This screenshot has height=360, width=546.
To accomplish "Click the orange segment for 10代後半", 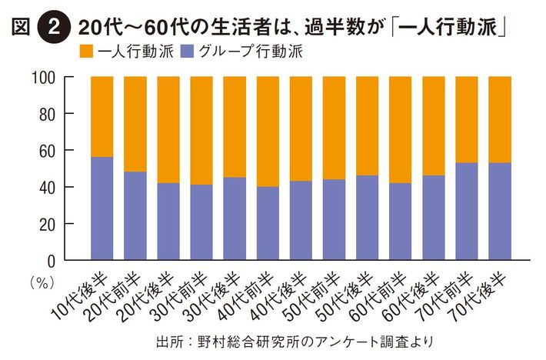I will pyautogui.click(x=102, y=116).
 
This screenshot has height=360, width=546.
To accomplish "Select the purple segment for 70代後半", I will pyautogui.click(x=500, y=212).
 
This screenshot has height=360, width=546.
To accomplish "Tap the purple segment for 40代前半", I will pyautogui.click(x=268, y=223).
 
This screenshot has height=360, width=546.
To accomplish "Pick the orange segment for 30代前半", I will pyautogui.click(x=201, y=131).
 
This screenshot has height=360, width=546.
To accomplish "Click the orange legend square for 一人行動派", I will pyautogui.click(x=85, y=53).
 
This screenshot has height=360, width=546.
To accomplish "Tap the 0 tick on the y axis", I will pyautogui.click(x=56, y=260).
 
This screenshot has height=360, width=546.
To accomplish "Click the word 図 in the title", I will pyautogui.click(x=22, y=27).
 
